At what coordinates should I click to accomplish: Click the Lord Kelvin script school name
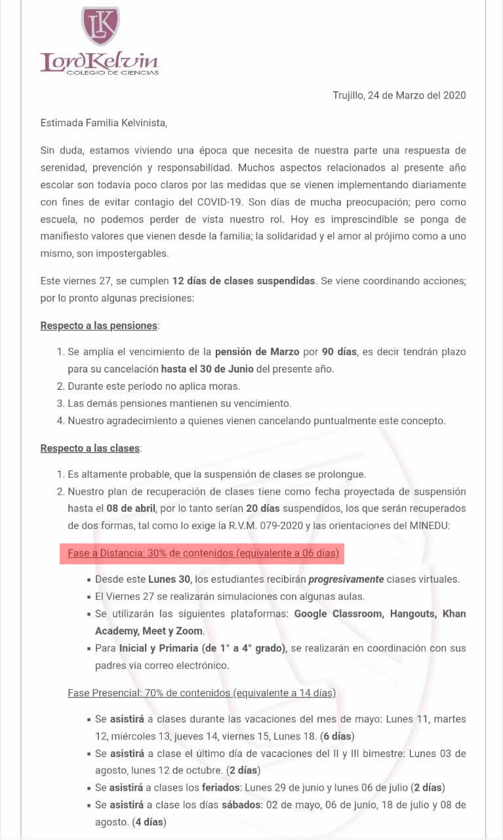click(x=99, y=61)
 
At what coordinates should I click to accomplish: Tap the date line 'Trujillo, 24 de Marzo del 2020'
click(x=399, y=95)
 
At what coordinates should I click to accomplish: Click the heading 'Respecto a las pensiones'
click(x=99, y=325)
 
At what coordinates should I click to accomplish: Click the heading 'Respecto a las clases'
click(x=91, y=448)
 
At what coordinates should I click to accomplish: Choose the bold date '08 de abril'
click(x=132, y=509)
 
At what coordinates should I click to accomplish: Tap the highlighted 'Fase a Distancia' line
click(x=203, y=553)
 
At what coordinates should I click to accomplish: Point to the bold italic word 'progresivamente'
click(x=346, y=579)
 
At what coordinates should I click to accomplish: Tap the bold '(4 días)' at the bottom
click(x=149, y=822)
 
